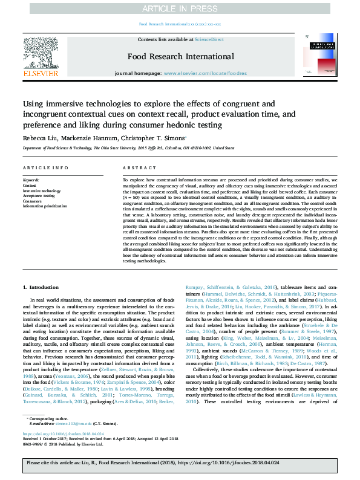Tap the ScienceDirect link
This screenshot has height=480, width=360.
tap(209, 39)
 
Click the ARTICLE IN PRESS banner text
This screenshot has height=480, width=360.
tap(180, 8)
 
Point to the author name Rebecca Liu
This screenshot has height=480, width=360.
tap(39, 138)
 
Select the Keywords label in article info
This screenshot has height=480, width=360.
tap(31, 180)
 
